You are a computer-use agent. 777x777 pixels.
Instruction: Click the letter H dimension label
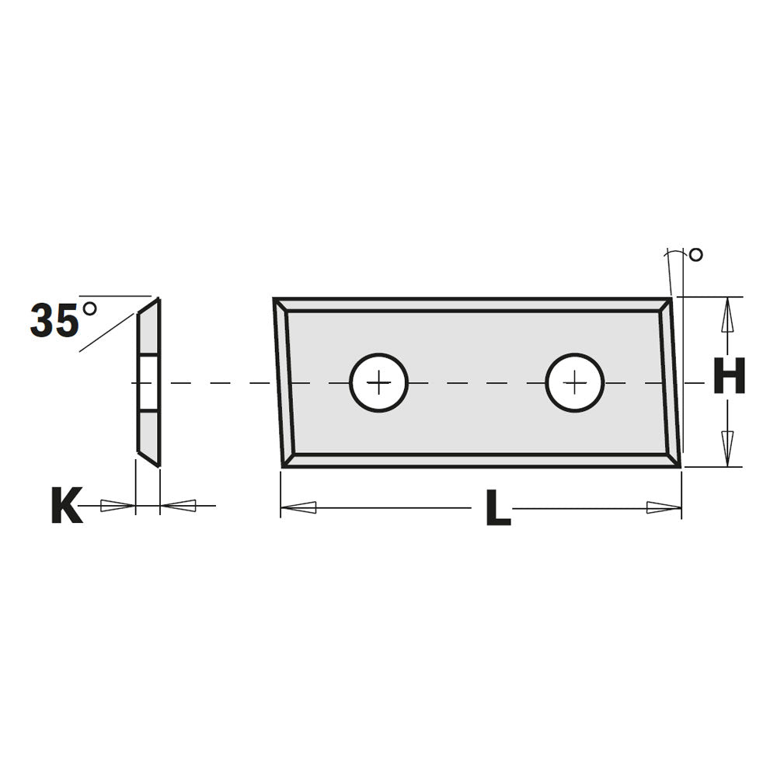729,377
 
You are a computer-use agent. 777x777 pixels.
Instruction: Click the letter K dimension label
67,507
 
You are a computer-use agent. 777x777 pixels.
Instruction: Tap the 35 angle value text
54,320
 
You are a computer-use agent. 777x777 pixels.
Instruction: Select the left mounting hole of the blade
378,382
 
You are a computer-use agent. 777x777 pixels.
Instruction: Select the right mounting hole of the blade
574,382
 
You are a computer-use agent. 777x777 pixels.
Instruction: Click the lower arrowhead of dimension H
727,446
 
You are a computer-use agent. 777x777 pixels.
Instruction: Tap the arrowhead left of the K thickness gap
118,507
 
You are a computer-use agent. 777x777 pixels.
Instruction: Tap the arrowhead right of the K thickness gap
178,507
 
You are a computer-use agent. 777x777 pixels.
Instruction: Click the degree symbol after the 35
89,308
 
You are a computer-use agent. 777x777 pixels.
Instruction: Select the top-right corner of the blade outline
671,298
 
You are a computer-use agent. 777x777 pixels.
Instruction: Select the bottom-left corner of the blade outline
283,465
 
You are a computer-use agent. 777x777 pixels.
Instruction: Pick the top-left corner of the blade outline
274,299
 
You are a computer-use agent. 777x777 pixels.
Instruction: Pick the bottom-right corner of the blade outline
680,465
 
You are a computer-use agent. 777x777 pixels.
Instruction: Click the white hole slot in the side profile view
148,382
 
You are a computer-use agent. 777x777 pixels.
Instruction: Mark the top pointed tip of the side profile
159,298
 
